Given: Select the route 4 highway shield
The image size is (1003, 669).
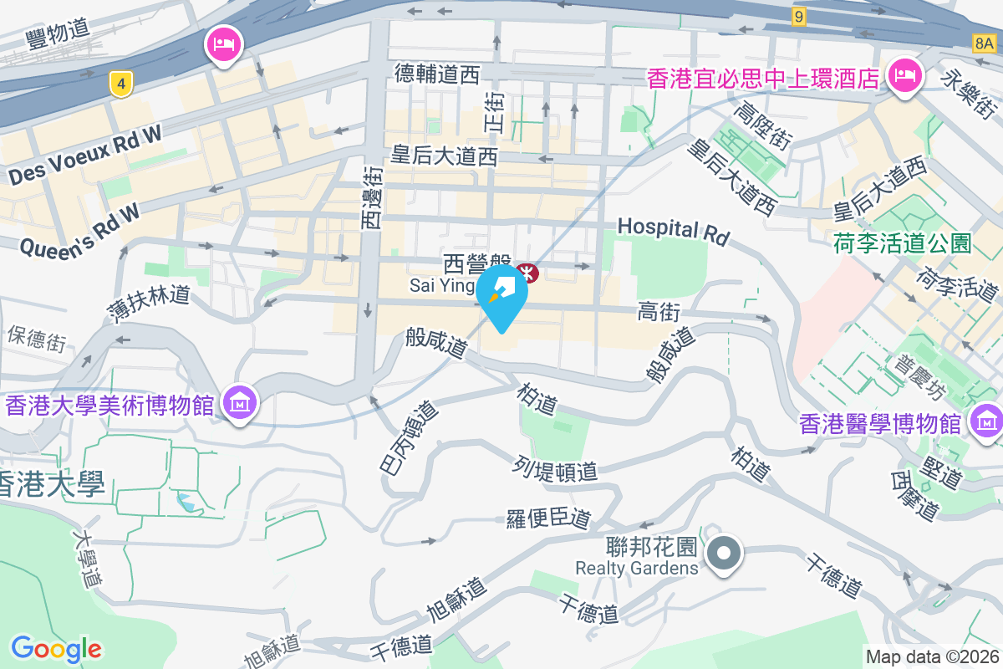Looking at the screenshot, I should [121, 84].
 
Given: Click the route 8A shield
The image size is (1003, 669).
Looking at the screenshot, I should [986, 42].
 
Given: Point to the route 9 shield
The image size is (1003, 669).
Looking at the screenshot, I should [800, 17].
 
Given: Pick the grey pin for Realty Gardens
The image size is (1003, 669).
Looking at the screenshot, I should [724, 554].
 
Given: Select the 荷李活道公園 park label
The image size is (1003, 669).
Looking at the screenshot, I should [903, 243].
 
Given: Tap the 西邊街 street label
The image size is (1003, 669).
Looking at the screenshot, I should [373, 197].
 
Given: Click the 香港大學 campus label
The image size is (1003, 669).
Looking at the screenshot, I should [52, 484].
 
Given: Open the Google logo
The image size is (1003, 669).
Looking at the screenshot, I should [56, 648].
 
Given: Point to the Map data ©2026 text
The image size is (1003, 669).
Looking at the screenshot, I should [932, 656].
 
